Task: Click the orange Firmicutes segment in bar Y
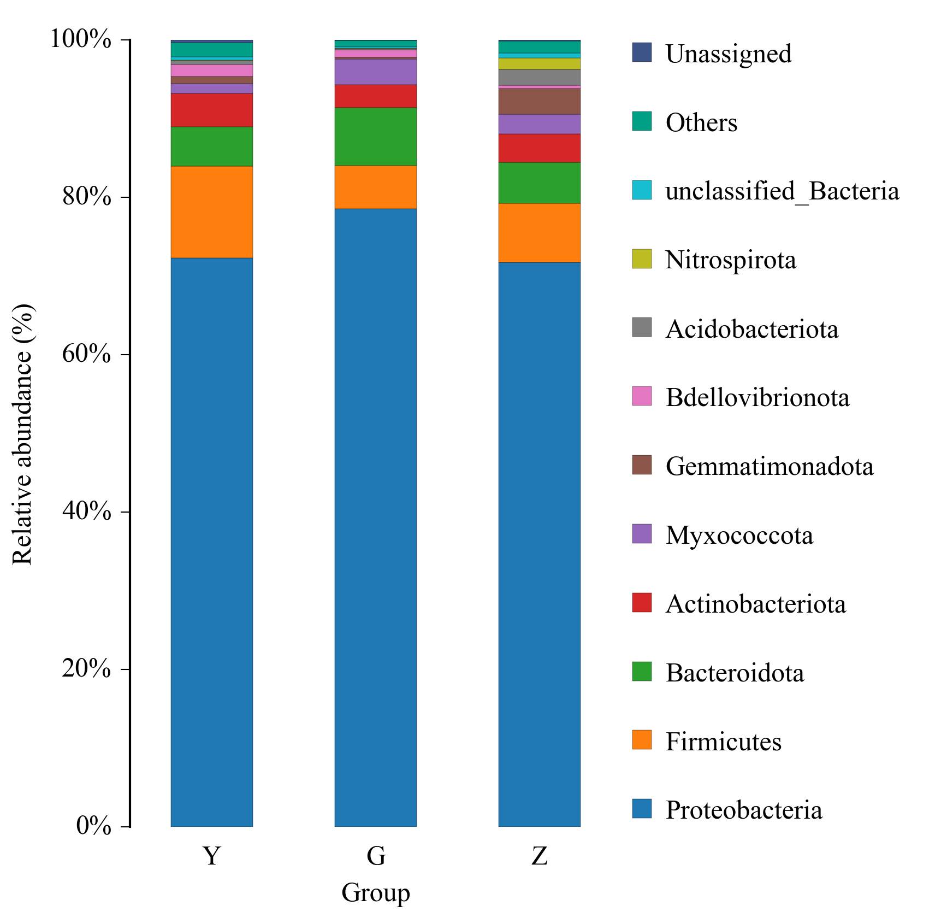[211, 211]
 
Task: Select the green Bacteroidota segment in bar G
[375, 137]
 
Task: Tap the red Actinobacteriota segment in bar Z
[539, 148]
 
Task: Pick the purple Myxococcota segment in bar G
[375, 72]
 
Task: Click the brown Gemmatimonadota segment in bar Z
[539, 101]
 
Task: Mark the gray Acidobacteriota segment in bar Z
[539, 78]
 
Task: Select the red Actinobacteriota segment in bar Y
[211, 110]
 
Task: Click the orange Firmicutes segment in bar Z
[539, 233]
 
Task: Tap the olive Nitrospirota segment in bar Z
[539, 63]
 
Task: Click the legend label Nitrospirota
[730, 260]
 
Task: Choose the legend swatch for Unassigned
[642, 52]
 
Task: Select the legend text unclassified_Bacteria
[782, 191]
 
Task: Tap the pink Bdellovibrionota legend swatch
[642, 396]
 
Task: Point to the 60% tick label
[86, 354]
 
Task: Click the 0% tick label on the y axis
[93, 826]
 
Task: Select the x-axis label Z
[539, 856]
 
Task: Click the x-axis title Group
[375, 893]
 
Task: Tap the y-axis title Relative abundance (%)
[23, 434]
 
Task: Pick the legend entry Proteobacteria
[743, 810]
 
